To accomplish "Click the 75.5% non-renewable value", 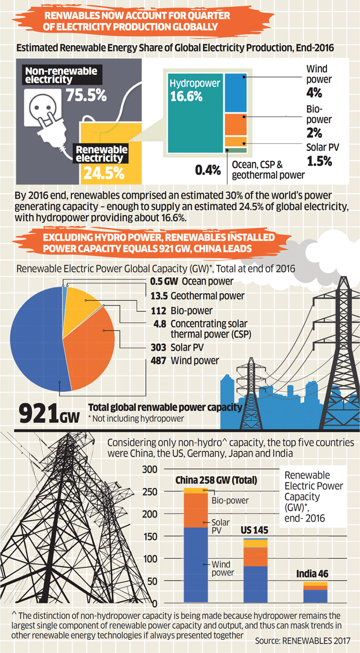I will pyautogui.click(x=85, y=95).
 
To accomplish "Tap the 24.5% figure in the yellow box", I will pyautogui.click(x=103, y=171).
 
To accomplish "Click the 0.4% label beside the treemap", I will pyautogui.click(x=207, y=170).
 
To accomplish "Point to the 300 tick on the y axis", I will pyautogui.click(x=149, y=470).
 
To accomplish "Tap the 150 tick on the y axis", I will pyautogui.click(x=149, y=536).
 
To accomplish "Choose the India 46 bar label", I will pyautogui.click(x=311, y=574).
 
